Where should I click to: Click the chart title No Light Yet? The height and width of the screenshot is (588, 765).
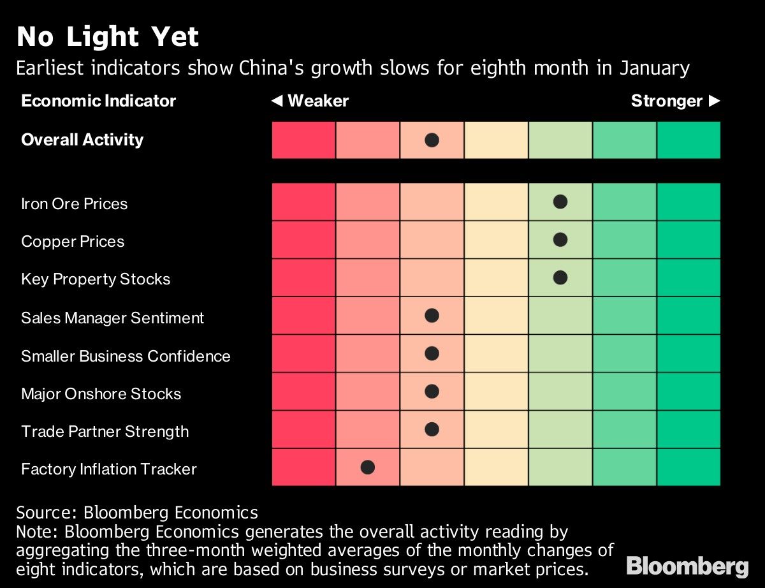108,37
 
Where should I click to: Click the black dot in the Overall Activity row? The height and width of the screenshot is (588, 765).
432,140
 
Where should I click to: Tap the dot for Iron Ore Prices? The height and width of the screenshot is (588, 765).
560,202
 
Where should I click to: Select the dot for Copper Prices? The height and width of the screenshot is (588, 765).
560,240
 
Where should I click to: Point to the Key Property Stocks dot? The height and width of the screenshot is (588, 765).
560,277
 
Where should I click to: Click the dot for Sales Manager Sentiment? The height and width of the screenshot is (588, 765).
432,315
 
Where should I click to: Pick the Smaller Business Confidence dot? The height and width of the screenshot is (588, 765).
432,353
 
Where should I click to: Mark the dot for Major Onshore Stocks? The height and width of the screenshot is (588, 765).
432,392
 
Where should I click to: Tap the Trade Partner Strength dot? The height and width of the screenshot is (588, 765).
432,429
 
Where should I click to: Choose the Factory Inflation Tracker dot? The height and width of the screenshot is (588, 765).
367,467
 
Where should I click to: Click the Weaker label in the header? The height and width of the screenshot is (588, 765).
317,101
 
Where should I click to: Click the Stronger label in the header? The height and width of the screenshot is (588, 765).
667,101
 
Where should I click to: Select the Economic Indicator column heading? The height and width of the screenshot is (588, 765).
98,101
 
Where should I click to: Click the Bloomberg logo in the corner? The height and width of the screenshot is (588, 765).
687,566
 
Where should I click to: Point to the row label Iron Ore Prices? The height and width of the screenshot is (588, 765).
74,203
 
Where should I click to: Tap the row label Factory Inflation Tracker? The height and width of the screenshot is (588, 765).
108,469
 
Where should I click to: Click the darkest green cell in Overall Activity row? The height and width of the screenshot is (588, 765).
688,140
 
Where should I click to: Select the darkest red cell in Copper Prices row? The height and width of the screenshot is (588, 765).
303,240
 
